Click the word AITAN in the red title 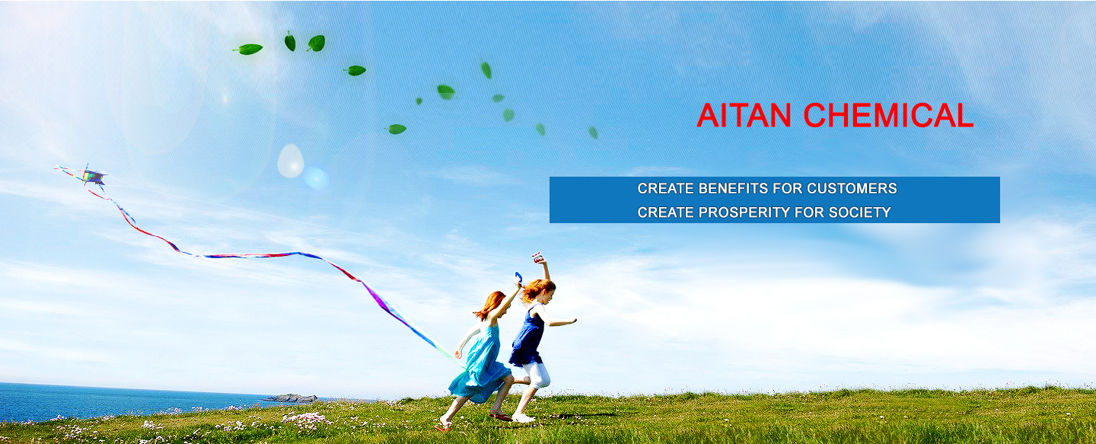pos(744,116)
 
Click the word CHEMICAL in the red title pos(888,116)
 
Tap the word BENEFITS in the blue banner pos(733,188)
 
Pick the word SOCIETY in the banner pos(859,212)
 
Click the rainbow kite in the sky pos(91,175)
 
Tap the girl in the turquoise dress pos(482,357)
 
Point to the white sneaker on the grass pos(523,418)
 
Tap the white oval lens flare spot pos(291,161)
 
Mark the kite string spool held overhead pos(538,257)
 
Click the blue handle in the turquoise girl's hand pos(518,278)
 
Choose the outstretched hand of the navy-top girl pos(572,321)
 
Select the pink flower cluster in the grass pos(306,419)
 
